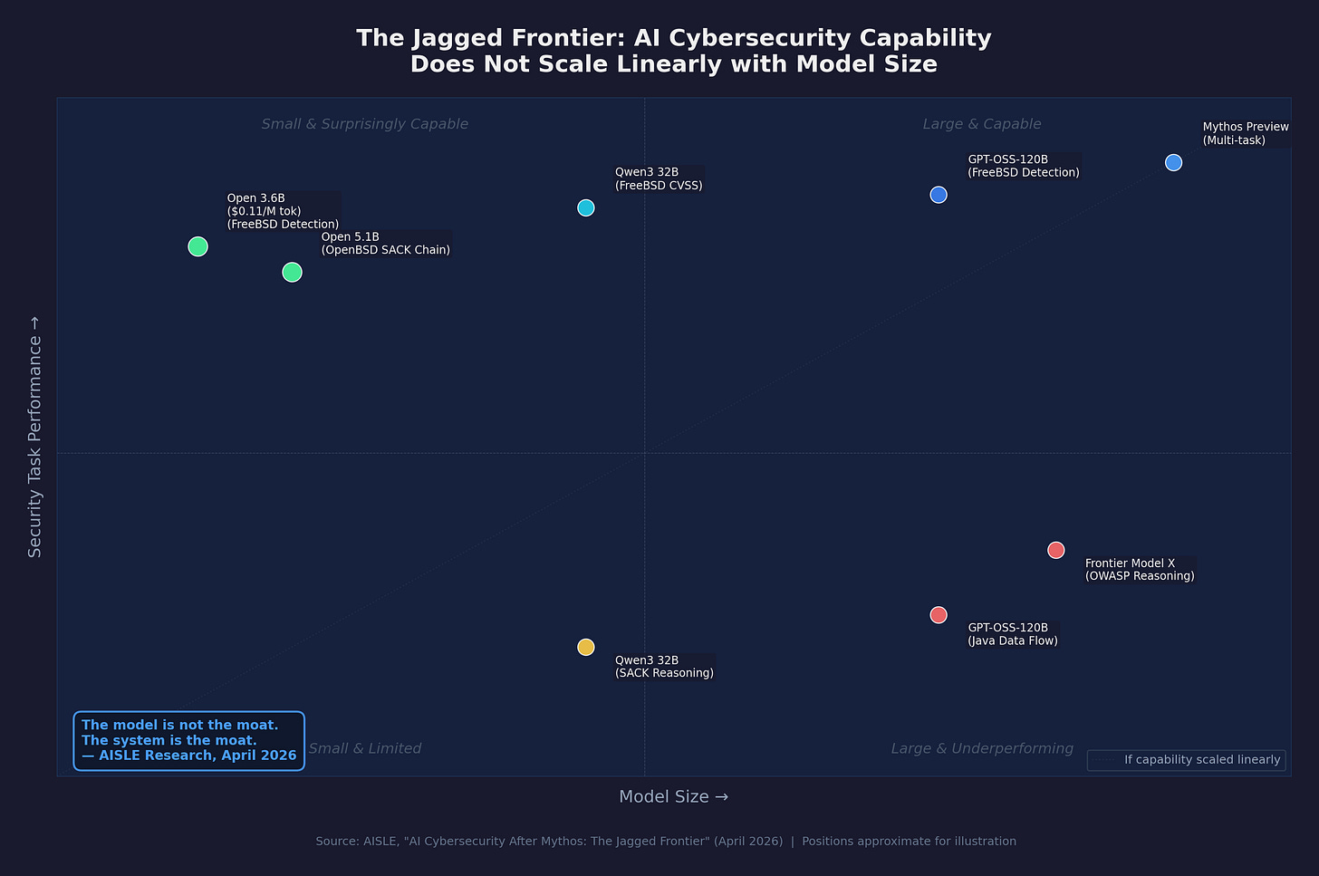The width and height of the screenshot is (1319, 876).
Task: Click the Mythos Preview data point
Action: [x=1173, y=162]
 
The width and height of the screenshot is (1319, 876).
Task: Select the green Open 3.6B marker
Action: [x=197, y=246]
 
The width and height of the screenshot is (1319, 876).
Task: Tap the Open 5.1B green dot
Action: [x=292, y=272]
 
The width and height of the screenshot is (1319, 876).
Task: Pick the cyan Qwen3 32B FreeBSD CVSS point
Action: [x=586, y=207]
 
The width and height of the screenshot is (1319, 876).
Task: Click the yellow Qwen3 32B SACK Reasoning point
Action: [x=586, y=647]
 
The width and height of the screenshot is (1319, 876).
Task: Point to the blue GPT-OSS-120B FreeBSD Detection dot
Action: [x=939, y=195]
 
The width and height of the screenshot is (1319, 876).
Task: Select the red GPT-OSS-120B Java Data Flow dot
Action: [x=939, y=615]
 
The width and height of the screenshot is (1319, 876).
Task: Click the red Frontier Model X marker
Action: [x=1055, y=550]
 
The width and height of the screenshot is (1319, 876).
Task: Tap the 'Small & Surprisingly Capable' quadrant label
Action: [x=364, y=124]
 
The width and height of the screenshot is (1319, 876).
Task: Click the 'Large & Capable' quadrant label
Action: [x=982, y=124]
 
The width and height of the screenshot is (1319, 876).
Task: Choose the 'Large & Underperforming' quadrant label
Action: [x=982, y=748]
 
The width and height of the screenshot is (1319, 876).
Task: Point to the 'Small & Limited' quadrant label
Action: [x=365, y=748]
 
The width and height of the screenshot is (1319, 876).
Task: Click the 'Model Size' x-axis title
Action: [x=673, y=796]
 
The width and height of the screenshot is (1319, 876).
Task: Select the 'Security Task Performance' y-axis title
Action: [x=35, y=437]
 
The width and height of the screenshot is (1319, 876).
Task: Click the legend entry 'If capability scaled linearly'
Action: [x=1201, y=759]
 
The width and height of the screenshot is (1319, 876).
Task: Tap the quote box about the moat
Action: [x=188, y=740]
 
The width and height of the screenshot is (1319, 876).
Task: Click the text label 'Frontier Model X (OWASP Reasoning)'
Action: [x=1139, y=570]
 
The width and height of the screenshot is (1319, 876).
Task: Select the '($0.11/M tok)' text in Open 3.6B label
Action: [x=264, y=211]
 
